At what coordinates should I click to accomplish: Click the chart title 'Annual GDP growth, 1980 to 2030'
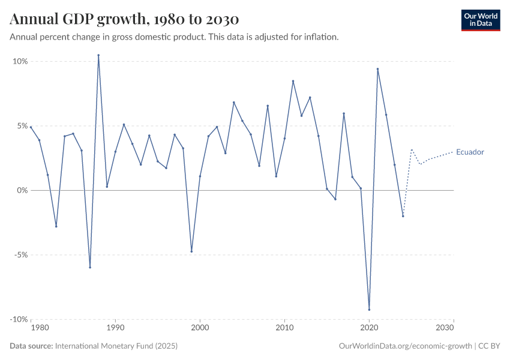[124, 19]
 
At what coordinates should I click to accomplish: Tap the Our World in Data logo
[480, 20]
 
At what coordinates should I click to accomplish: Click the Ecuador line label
[470, 152]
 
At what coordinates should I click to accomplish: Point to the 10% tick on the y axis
[20, 61]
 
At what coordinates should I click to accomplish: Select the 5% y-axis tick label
[22, 126]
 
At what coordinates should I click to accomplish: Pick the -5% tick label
[20, 255]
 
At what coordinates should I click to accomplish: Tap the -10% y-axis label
[19, 319]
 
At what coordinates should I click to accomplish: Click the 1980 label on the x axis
[39, 328]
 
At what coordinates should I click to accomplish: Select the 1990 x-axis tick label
[115, 328]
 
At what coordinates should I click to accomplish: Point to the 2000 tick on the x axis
[200, 328]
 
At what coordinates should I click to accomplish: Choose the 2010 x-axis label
[284, 328]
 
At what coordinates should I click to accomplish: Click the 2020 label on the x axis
[369, 328]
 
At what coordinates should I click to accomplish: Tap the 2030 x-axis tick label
[445, 328]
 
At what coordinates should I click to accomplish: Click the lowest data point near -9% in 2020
[369, 310]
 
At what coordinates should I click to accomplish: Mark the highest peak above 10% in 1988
[98, 55]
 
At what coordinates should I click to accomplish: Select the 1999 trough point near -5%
[191, 251]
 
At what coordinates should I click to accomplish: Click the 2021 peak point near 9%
[377, 68]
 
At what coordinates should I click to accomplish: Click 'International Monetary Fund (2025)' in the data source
[116, 346]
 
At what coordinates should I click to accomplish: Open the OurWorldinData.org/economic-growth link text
[406, 346]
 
